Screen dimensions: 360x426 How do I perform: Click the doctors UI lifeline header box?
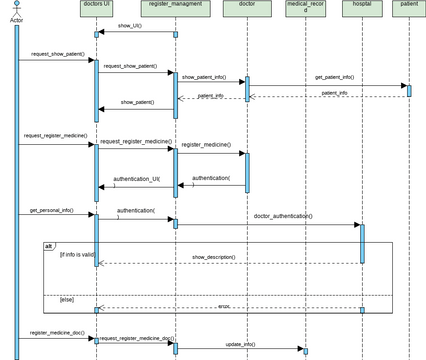tap(96, 8)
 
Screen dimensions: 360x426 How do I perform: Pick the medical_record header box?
tap(304, 9)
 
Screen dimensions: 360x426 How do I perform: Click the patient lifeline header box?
tap(408, 8)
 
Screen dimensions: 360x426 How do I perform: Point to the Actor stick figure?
tap(15, 10)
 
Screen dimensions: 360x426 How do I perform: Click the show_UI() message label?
tap(130, 26)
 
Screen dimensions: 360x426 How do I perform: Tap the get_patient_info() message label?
tap(335, 77)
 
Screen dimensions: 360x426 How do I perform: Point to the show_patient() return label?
tap(137, 102)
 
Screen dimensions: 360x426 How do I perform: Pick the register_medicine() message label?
tap(204, 145)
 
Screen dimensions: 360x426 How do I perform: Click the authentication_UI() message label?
tap(136, 179)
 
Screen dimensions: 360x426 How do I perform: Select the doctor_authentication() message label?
tap(283, 216)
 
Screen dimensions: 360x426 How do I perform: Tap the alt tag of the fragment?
tap(49, 246)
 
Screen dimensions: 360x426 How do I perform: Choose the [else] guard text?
tap(67, 299)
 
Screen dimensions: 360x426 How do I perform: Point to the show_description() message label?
tap(214, 257)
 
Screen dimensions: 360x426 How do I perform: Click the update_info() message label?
tap(240, 343)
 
